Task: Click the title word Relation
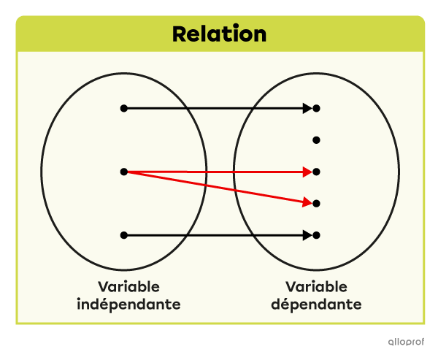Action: coord(219,34)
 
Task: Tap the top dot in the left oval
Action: coord(124,108)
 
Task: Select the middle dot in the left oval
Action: coord(124,172)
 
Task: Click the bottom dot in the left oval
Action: coord(124,235)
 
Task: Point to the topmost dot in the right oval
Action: coord(316,108)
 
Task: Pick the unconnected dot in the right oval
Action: coord(316,140)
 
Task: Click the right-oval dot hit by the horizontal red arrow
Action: coord(316,172)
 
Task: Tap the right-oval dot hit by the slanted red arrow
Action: coord(316,204)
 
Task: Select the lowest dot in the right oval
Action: coord(316,235)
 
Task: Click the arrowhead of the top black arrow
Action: coord(307,108)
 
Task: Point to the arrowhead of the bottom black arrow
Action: coord(307,235)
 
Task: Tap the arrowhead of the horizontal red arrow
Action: coord(307,172)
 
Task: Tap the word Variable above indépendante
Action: coord(128,287)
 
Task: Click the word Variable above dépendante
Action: coord(316,287)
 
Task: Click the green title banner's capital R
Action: coord(180,34)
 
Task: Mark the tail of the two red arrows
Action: coord(126,172)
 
